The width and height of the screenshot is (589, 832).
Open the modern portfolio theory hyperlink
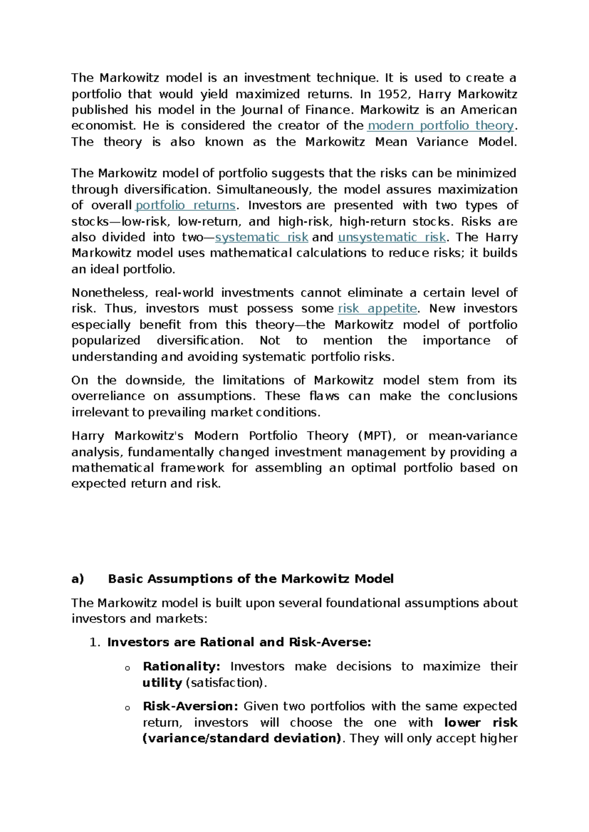pos(440,126)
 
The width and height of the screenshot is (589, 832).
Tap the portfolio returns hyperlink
pos(186,205)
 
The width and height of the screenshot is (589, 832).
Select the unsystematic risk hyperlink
pos(392,237)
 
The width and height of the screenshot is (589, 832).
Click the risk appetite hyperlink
pos(377,309)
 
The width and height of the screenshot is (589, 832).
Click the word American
pos(488,110)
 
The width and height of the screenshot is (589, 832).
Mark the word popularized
pos(106,340)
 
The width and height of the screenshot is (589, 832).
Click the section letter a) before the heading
pos(78,579)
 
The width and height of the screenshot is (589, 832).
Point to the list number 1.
pos(95,643)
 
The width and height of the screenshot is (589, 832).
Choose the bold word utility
pos(162,683)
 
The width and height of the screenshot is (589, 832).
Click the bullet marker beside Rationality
pos(127,668)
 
